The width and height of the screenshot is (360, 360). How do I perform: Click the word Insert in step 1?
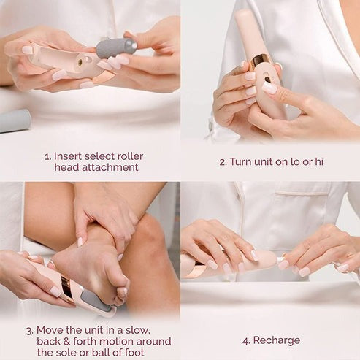[x=66, y=155]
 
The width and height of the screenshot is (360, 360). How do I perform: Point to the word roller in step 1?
[x=131, y=155]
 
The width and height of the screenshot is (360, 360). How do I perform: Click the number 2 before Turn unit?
[x=222, y=161]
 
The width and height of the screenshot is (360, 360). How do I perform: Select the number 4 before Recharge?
[x=245, y=340]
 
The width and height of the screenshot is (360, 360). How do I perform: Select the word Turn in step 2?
[x=242, y=161]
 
